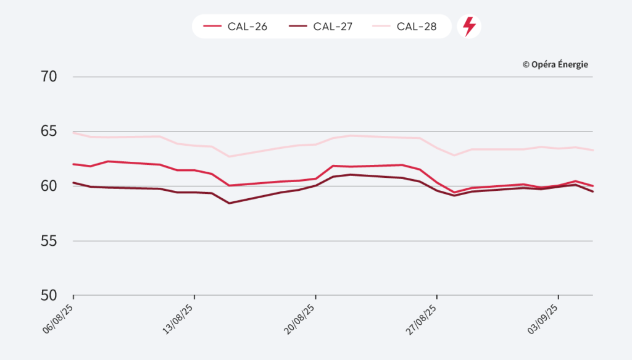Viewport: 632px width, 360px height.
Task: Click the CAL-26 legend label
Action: pyautogui.click(x=247, y=27)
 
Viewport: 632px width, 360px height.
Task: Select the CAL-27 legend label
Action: pyautogui.click(x=332, y=27)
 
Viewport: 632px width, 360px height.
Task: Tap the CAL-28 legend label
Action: pyautogui.click(x=417, y=27)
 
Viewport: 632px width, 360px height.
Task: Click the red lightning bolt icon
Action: pyautogui.click(x=469, y=27)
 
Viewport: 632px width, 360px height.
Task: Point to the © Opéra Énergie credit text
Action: pyautogui.click(x=555, y=64)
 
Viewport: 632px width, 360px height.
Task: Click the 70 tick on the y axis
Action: pyautogui.click(x=49, y=77)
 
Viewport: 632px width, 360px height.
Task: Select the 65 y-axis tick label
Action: pyautogui.click(x=49, y=132)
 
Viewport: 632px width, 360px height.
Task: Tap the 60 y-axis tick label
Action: pyautogui.click(x=49, y=186)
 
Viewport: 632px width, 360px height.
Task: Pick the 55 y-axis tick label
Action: pyautogui.click(x=49, y=241)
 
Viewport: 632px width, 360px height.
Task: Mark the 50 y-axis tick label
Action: pyautogui.click(x=49, y=295)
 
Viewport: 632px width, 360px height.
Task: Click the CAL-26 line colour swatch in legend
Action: pyautogui.click(x=212, y=27)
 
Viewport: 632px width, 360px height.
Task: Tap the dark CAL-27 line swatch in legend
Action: pyautogui.click(x=297, y=27)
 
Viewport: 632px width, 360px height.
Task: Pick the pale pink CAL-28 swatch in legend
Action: pyautogui.click(x=381, y=27)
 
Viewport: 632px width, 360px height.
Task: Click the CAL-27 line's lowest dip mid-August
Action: pyautogui.click(x=230, y=203)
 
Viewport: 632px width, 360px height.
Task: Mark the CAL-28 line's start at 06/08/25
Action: pyautogui.click(x=74, y=132)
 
